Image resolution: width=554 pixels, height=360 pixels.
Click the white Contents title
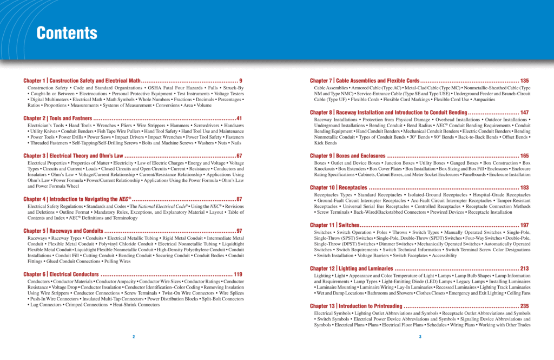pyautogui.click(x=67, y=34)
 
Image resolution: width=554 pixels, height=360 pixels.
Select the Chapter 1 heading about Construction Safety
pyautogui.click(x=82, y=81)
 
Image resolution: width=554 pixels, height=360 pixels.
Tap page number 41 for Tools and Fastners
pyautogui.click(x=239, y=118)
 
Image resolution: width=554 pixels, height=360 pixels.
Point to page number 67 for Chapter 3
pyautogui.click(x=239, y=156)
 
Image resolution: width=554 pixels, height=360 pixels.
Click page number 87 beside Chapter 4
pyautogui.click(x=239, y=199)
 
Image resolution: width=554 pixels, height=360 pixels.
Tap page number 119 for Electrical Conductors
pyautogui.click(x=238, y=274)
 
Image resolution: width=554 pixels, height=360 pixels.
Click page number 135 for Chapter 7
pyautogui.click(x=524, y=81)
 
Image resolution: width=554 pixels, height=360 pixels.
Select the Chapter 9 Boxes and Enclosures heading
pyautogui.click(x=347, y=156)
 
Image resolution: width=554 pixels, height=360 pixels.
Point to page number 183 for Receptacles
pyautogui.click(x=524, y=188)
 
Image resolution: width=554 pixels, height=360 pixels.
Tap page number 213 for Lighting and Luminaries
pyautogui.click(x=524, y=269)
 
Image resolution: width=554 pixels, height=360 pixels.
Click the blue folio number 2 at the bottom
pyautogui.click(x=134, y=337)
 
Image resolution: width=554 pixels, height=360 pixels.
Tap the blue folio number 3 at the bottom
pyautogui.click(x=420, y=337)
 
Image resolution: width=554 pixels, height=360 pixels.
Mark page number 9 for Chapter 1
pyautogui.click(x=241, y=81)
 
